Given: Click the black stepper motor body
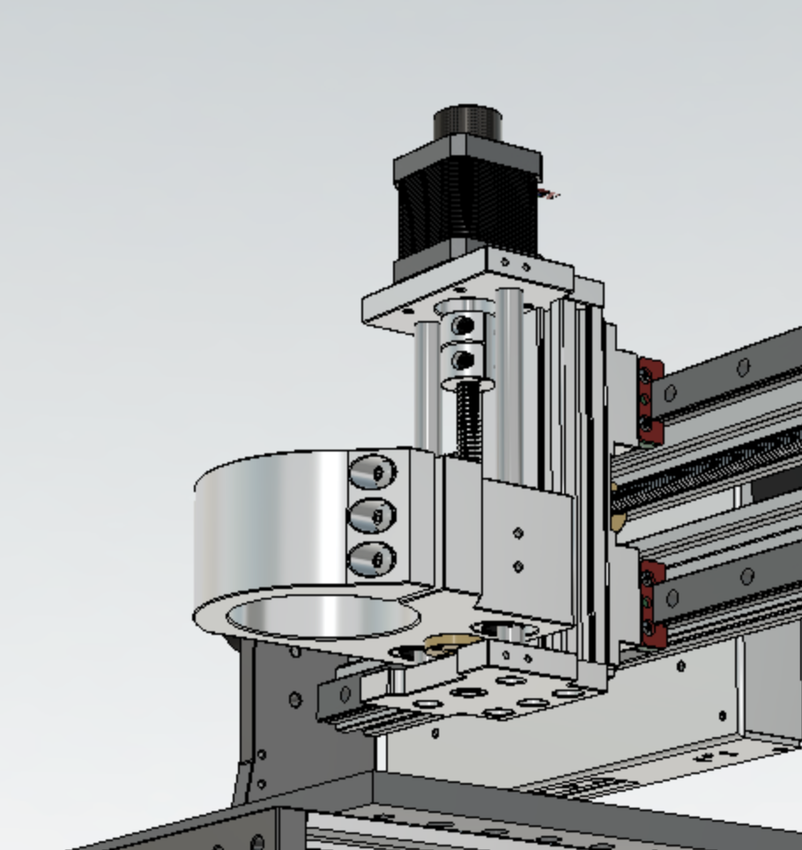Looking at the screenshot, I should pyautogui.click(x=466, y=207).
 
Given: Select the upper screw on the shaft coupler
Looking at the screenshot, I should pyautogui.click(x=461, y=327).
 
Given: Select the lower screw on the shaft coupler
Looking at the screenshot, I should pyautogui.click(x=461, y=360).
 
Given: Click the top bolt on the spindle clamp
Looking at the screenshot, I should pyautogui.click(x=372, y=473).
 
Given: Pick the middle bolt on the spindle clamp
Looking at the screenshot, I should pyautogui.click(x=372, y=515).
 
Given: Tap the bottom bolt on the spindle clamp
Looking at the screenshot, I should pyautogui.click(x=372, y=557).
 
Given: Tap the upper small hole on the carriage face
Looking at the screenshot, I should pyautogui.click(x=518, y=533).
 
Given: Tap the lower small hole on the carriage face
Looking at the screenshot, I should pyautogui.click(x=518, y=566).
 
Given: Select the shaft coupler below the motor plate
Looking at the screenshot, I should pyautogui.click(x=461, y=344).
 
